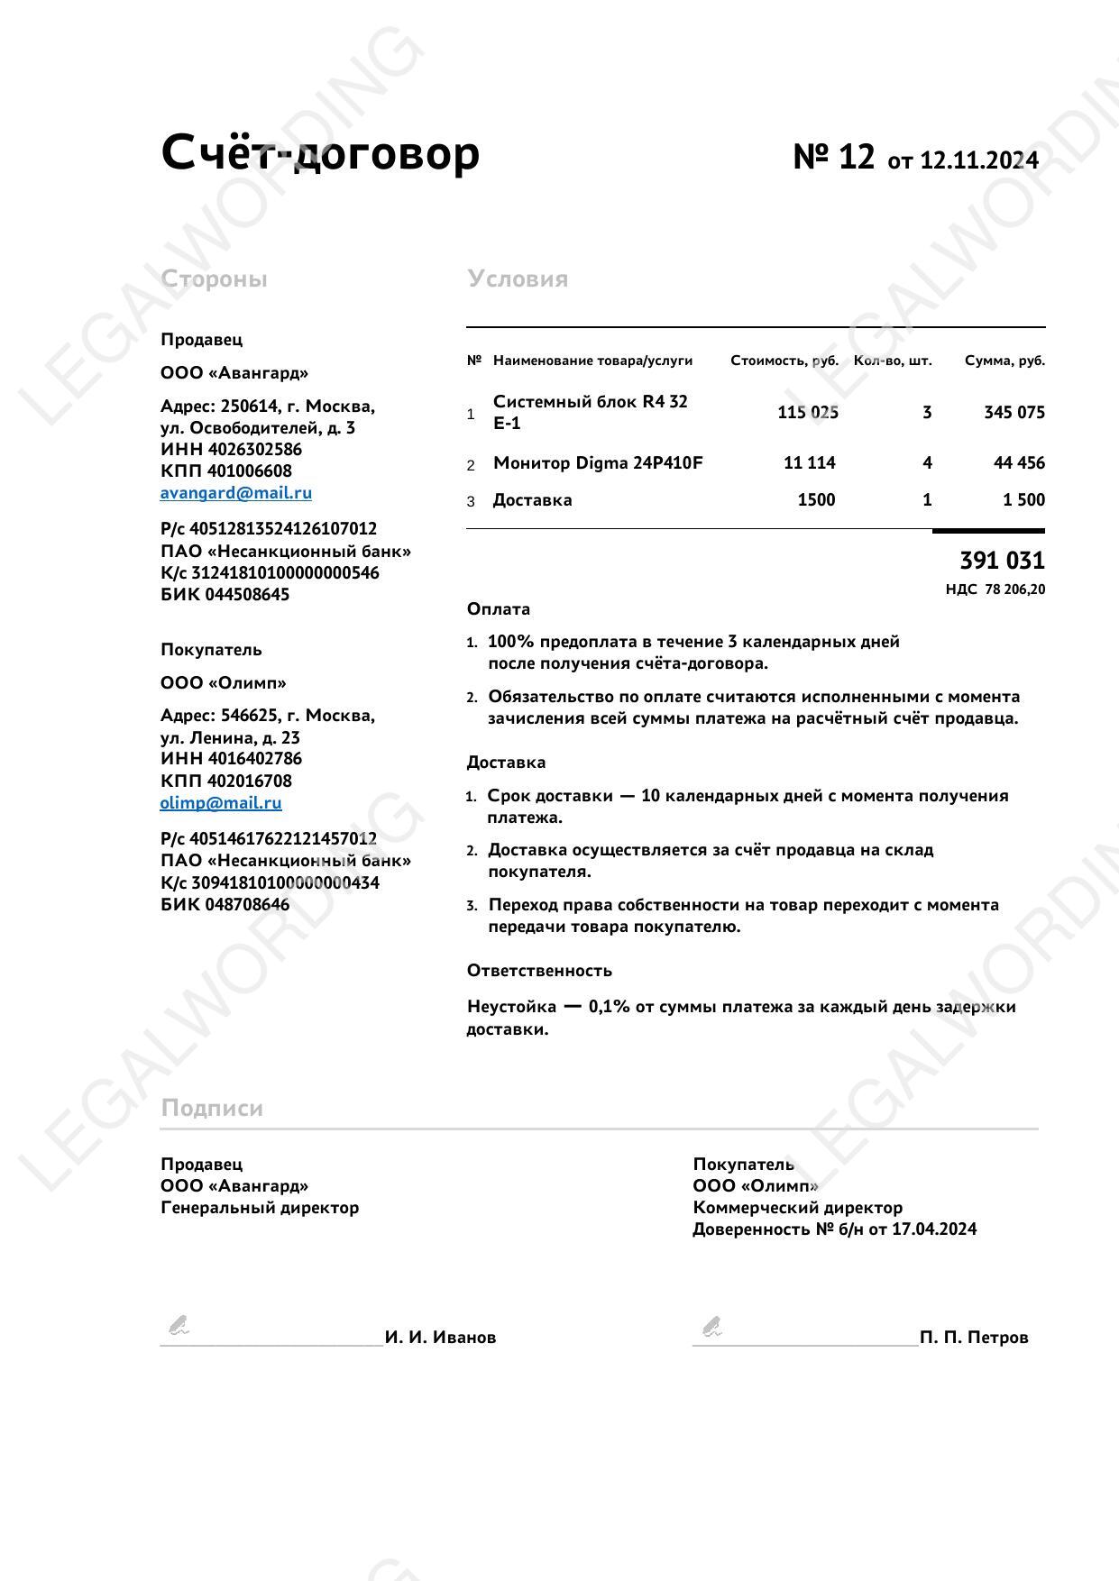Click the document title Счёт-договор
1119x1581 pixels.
tap(320, 152)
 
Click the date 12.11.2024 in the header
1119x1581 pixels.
tap(979, 160)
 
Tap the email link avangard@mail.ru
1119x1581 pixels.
tap(236, 493)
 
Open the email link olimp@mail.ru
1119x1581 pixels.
tap(221, 803)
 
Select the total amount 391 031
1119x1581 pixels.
tap(1002, 561)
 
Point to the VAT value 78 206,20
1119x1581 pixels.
tap(1015, 589)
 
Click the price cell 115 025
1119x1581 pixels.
tap(807, 413)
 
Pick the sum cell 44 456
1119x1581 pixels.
tap(1019, 463)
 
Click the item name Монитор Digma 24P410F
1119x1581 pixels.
tap(598, 463)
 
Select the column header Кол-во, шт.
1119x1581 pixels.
tap(893, 361)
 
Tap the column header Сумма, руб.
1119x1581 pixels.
tap(1004, 361)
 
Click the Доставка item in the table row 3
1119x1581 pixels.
tap(532, 500)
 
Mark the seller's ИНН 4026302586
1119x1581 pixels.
tap(231, 449)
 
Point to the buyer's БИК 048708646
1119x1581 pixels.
tap(225, 904)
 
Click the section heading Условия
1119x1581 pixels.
tap(518, 279)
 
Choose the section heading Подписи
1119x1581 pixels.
tap(212, 1108)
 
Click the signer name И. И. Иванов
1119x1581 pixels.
tap(440, 1338)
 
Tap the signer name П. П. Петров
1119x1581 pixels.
tap(974, 1338)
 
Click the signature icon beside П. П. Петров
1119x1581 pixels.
tap(712, 1327)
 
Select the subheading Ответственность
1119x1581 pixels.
tap(539, 971)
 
